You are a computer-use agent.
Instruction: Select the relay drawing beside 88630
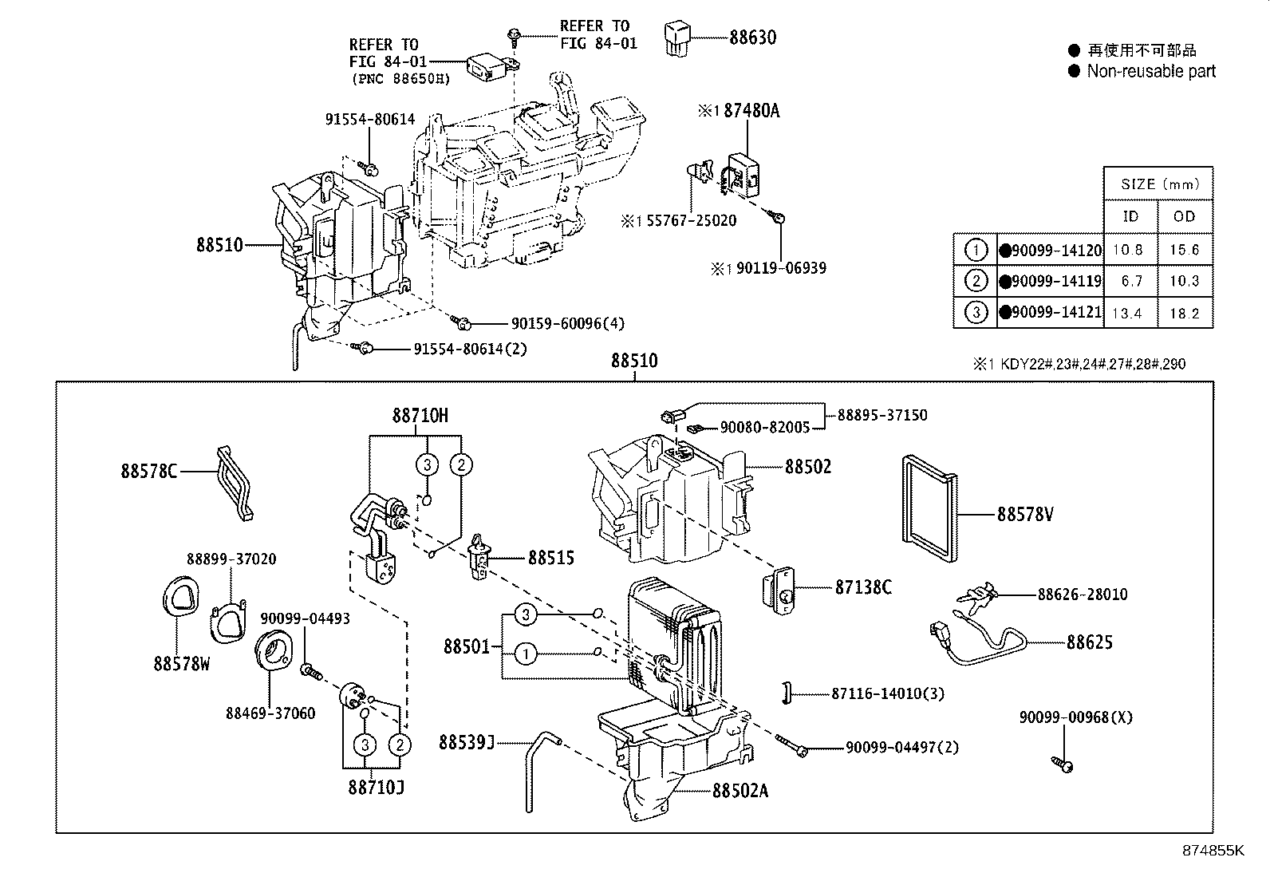(x=676, y=38)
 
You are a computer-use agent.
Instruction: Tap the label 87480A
(x=751, y=111)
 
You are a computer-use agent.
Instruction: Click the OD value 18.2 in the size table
(x=1184, y=313)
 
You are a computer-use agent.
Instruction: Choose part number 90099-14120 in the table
(x=1055, y=251)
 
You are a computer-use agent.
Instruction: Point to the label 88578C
(x=148, y=471)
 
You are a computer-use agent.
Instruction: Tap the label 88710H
(x=420, y=415)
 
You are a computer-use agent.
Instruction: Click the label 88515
(x=550, y=558)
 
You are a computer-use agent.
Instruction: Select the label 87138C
(x=862, y=587)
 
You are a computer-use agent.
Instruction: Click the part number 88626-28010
(x=1082, y=595)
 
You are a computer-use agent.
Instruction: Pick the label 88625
(x=1089, y=642)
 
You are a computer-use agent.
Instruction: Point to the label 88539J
(x=466, y=743)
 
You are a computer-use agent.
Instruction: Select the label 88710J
(x=376, y=788)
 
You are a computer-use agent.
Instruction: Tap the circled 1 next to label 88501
(x=525, y=654)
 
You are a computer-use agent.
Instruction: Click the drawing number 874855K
(x=1213, y=850)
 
